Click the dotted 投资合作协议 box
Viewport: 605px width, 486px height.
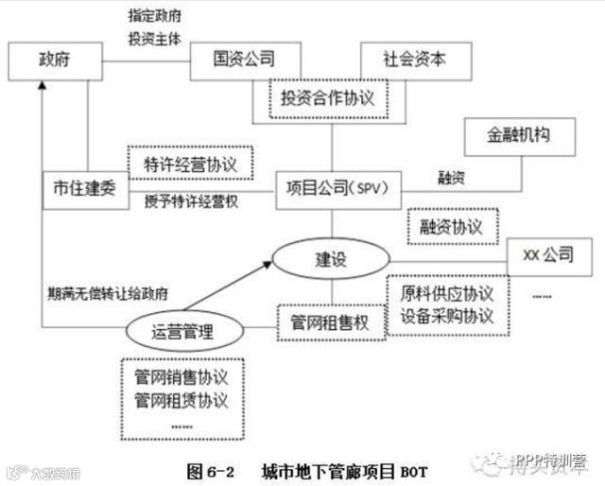(x=329, y=96)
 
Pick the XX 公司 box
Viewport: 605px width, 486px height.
(x=546, y=255)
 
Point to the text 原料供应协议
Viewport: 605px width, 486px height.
(x=445, y=292)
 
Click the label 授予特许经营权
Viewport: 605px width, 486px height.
(x=190, y=201)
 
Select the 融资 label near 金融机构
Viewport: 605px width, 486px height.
(x=450, y=177)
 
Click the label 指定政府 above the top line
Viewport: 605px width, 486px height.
(x=156, y=17)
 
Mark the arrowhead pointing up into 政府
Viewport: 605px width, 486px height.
(x=43, y=87)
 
